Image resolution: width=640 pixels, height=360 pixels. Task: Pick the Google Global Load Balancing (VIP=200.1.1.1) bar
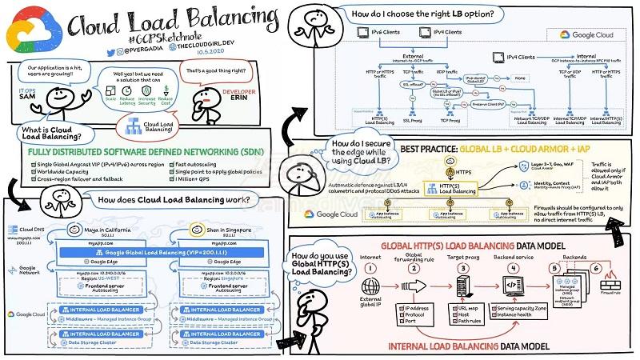pyautogui.click(x=162, y=250)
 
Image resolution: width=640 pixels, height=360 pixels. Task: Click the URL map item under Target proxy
pyautogui.click(x=472, y=308)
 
